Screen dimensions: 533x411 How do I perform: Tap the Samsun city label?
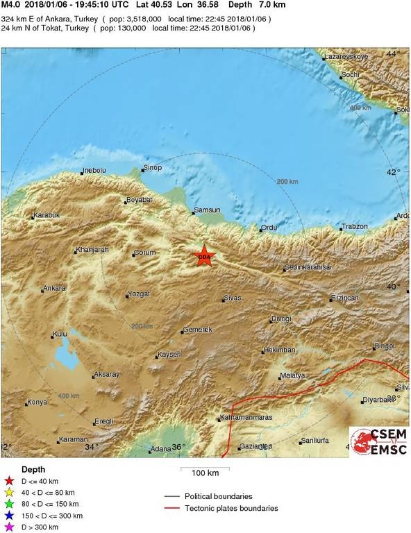[x=208, y=210]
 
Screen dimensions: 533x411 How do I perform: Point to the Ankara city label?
[x=54, y=288]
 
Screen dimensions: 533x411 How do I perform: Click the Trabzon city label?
[x=353, y=227]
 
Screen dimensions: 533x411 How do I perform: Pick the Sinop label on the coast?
[x=151, y=168]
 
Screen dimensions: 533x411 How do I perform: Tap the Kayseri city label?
[x=169, y=355]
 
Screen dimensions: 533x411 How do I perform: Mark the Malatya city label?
[x=292, y=376]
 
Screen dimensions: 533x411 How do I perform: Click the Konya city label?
[x=37, y=403]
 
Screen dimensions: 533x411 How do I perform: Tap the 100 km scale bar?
[x=205, y=472]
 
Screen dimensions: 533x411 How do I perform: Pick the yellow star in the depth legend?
[x=9, y=492]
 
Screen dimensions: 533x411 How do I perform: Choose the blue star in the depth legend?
[x=9, y=516]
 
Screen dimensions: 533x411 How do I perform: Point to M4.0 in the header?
[x=10, y=4]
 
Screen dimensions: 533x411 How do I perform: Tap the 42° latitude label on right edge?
[x=393, y=173]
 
